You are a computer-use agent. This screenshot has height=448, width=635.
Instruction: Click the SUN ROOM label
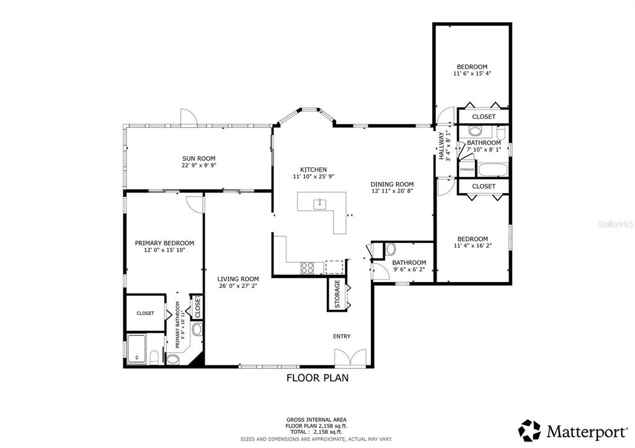(x=198, y=159)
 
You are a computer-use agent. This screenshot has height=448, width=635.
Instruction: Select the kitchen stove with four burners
(x=307, y=268)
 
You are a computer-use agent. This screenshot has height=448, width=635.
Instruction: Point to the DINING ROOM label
(x=392, y=184)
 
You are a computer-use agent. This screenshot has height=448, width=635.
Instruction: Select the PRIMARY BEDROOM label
(x=164, y=243)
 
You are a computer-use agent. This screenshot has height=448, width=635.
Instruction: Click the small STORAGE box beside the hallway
(x=467, y=169)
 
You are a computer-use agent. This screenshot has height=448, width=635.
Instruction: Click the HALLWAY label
(x=442, y=146)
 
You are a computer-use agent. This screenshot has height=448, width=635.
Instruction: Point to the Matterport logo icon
(x=530, y=430)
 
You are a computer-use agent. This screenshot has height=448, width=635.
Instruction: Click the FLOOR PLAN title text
(x=317, y=377)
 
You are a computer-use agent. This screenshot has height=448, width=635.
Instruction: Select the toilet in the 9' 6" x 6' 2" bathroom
(x=391, y=249)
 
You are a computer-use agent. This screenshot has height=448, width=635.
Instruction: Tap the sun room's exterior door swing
(x=188, y=116)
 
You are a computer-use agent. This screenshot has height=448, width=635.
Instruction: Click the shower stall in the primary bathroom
(x=137, y=349)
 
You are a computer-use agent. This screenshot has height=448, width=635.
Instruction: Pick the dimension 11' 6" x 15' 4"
(x=472, y=74)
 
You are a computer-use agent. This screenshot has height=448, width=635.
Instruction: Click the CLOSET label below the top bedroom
(x=484, y=116)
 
